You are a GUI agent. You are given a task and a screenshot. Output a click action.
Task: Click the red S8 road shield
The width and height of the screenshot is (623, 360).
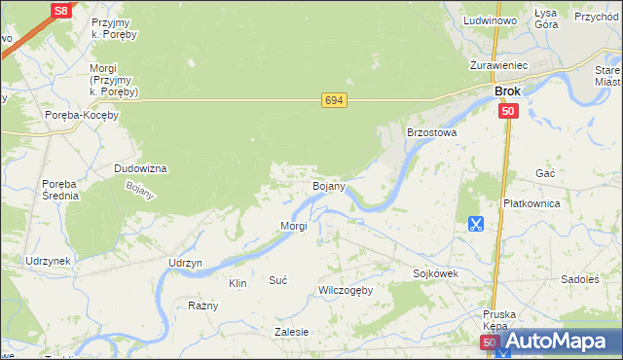(61, 11)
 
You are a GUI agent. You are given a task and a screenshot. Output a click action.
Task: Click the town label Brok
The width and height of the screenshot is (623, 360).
(507, 91)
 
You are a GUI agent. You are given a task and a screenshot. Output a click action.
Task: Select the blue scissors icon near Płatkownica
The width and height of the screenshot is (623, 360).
(475, 224)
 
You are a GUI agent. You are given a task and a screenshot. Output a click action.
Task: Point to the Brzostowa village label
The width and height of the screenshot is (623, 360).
(431, 131)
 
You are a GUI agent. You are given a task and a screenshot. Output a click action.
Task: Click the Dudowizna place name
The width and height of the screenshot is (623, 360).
(140, 168)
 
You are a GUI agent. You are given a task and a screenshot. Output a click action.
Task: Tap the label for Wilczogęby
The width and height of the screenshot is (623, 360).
(345, 290)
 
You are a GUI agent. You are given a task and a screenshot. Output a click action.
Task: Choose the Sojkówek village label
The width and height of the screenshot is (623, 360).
(435, 273)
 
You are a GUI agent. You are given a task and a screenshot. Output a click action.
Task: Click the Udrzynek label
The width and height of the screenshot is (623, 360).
(48, 262)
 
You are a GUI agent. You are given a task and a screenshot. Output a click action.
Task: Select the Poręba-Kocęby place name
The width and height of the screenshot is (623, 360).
(82, 115)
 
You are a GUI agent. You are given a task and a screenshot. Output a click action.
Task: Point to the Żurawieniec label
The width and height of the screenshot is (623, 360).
(497, 65)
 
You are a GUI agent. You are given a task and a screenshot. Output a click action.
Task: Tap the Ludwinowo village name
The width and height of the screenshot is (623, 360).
(490, 19)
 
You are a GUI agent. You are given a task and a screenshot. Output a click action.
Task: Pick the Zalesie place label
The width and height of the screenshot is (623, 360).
(292, 332)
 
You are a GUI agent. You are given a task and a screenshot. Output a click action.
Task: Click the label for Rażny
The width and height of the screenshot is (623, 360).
(202, 306)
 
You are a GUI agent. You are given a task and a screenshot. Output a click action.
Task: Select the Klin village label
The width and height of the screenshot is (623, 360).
(237, 283)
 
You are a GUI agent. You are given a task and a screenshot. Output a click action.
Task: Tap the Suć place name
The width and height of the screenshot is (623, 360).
(277, 280)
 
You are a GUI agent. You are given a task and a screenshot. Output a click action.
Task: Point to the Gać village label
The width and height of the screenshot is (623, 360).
(545, 172)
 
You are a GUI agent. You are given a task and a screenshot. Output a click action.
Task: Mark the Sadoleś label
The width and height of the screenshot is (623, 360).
(580, 279)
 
